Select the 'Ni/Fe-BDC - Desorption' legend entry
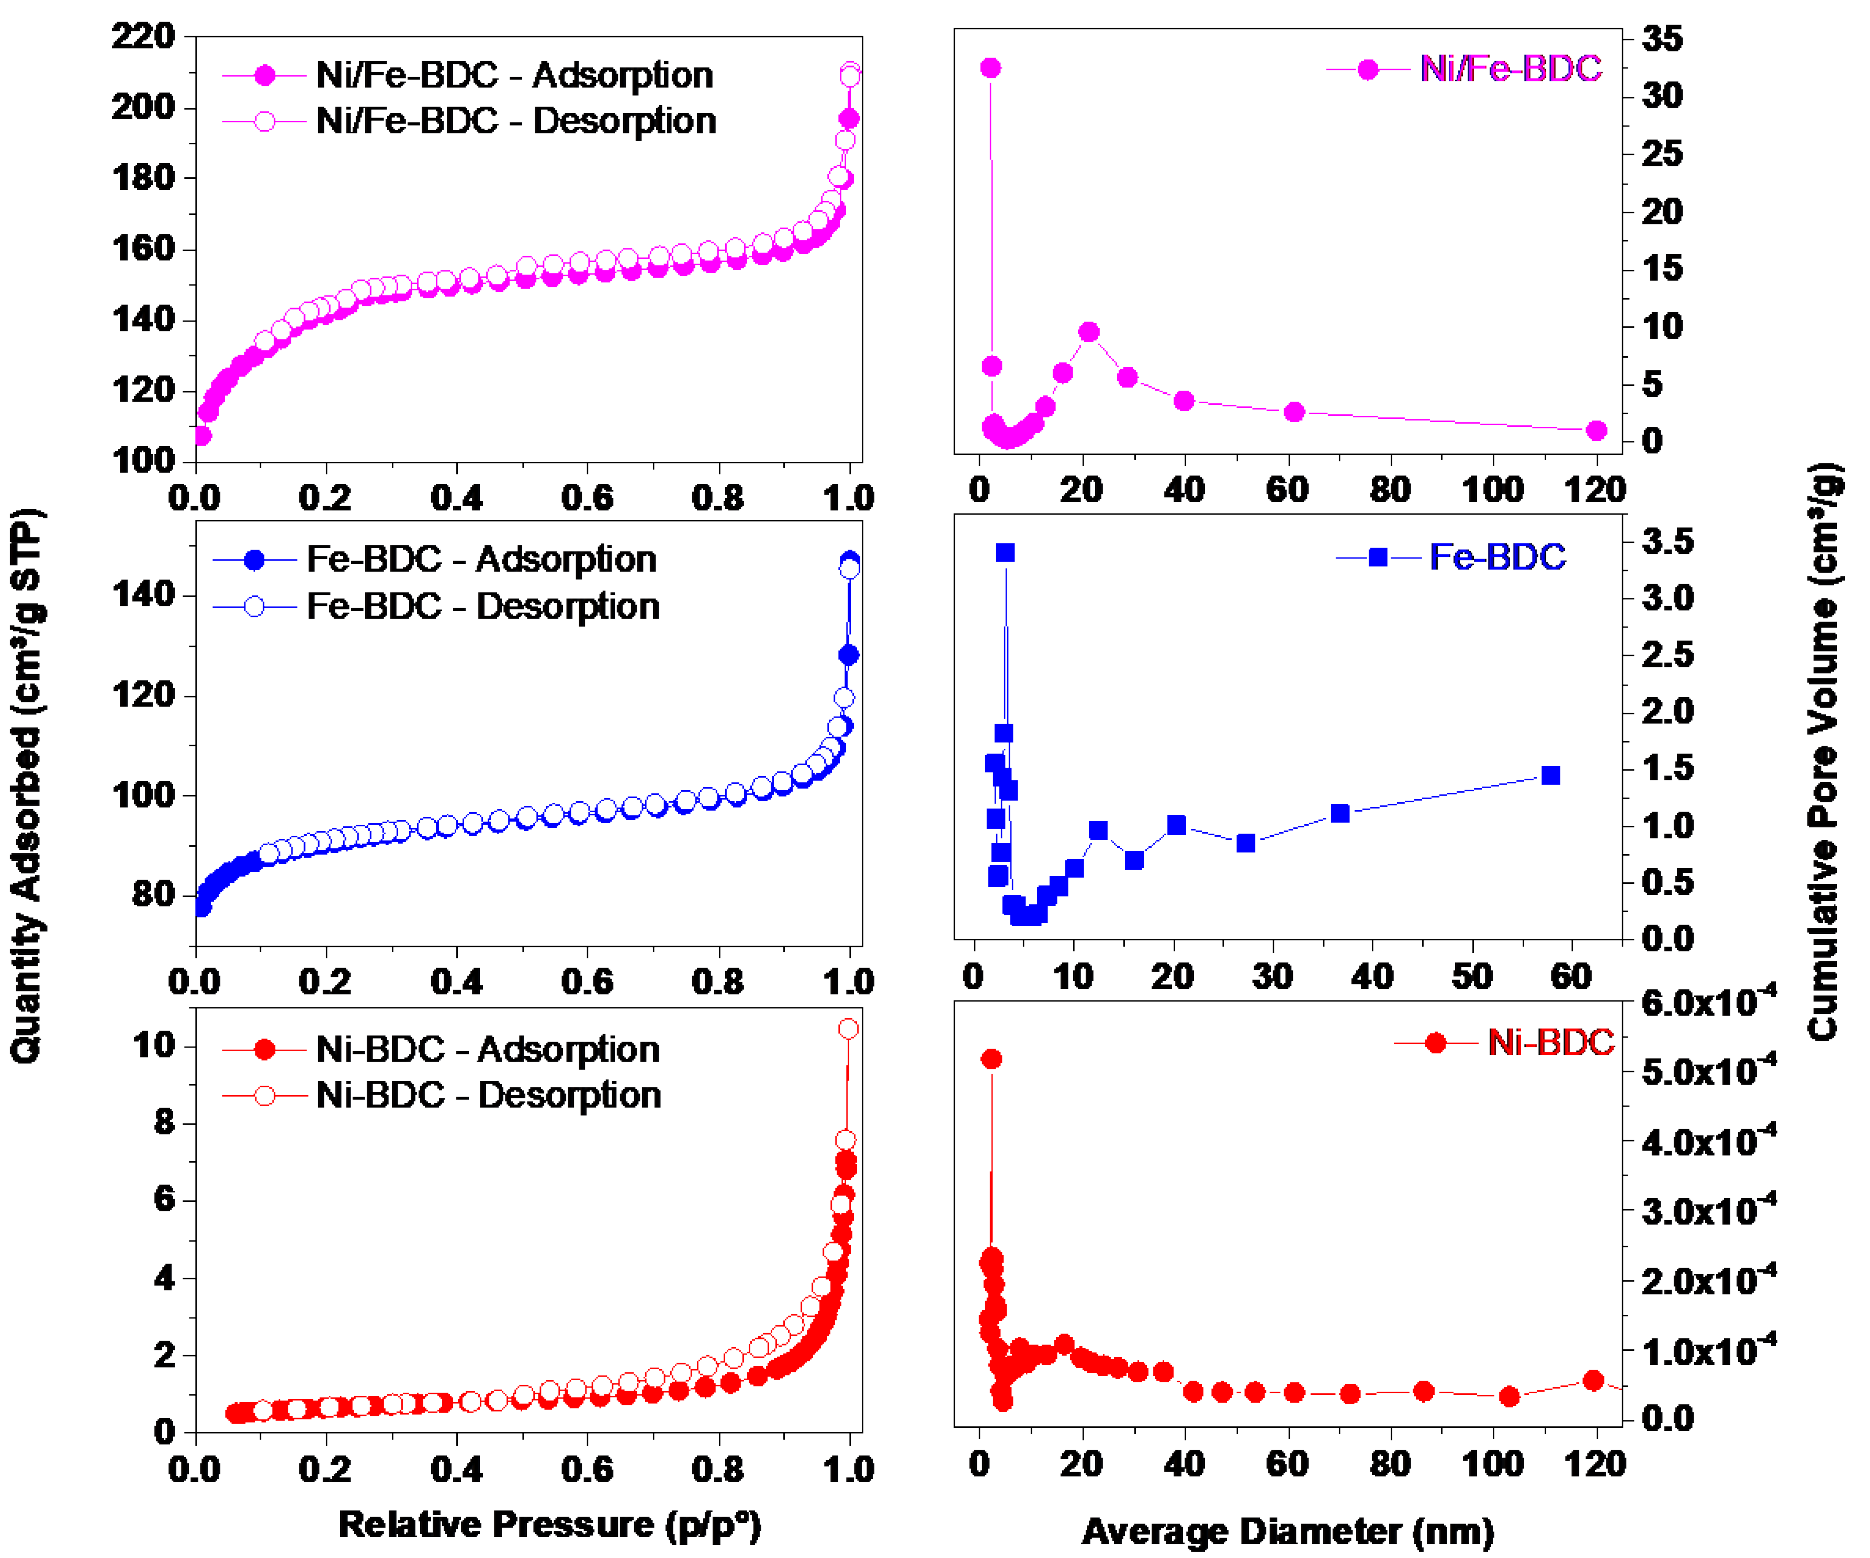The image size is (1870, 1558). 469,121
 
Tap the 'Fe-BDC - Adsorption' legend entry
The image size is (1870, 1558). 435,559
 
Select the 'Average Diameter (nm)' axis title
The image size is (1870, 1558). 1288,1531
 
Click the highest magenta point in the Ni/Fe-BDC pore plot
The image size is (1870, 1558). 990,67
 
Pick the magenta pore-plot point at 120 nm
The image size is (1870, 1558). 1597,431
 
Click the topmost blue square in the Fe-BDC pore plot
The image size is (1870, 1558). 1005,553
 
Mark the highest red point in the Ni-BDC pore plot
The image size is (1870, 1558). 991,1059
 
